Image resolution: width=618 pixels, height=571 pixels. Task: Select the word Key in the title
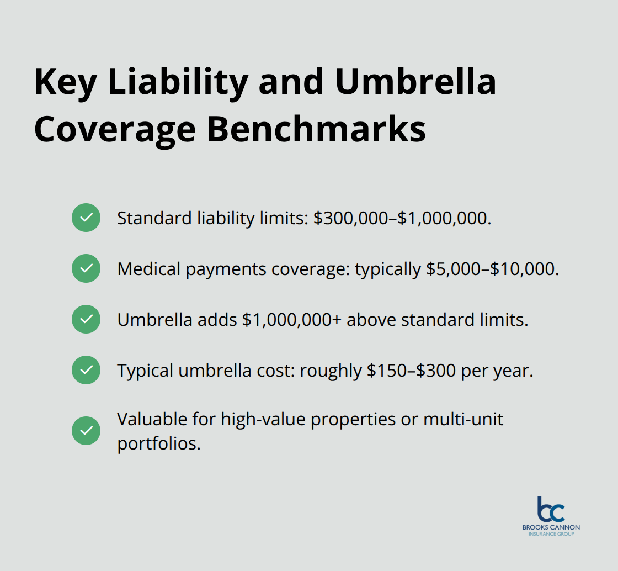pyautogui.click(x=66, y=82)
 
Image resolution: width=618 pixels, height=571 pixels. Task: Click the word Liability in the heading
pyautogui.click(x=178, y=82)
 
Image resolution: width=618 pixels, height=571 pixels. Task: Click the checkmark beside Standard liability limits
pyautogui.click(x=86, y=218)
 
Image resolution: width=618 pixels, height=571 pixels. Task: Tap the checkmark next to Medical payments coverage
pyautogui.click(x=86, y=268)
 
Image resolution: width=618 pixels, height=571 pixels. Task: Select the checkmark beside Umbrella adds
pyautogui.click(x=86, y=319)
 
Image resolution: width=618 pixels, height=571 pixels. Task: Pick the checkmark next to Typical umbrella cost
pyautogui.click(x=86, y=370)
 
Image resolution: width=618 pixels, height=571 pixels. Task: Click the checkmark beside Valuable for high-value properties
pyautogui.click(x=86, y=431)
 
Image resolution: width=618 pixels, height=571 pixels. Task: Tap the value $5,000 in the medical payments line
pyautogui.click(x=452, y=269)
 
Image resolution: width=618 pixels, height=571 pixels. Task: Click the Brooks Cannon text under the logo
pyautogui.click(x=551, y=527)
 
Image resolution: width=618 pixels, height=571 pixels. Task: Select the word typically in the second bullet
pyautogui.click(x=388, y=269)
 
